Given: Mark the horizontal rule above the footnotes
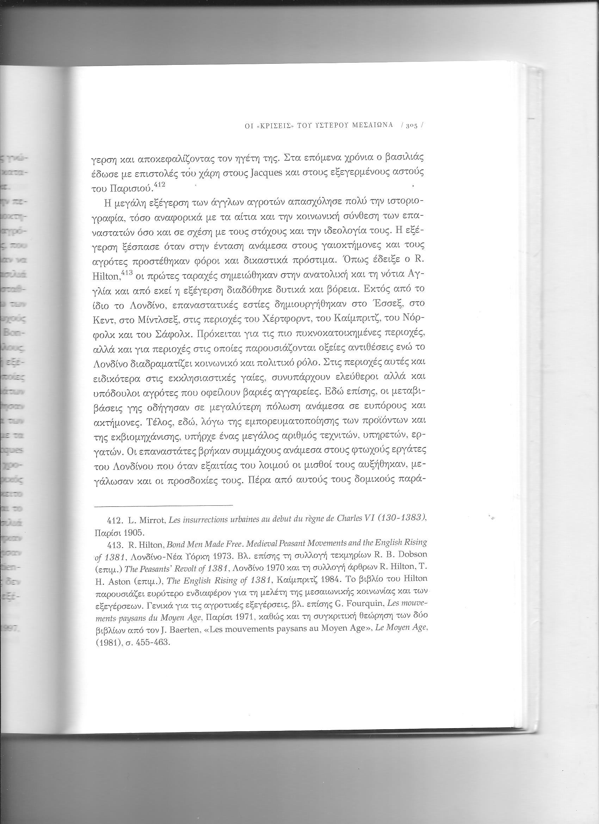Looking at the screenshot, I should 163,505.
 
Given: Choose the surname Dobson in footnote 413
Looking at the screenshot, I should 412,555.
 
